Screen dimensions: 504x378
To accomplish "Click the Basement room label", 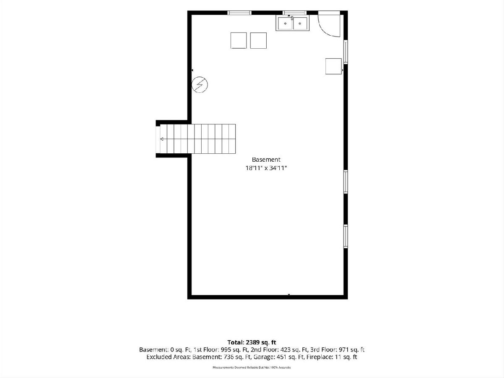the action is (x=266, y=160).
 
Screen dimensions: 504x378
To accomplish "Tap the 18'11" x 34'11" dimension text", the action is (x=266, y=168).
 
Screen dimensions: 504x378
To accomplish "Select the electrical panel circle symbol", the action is (x=199, y=85).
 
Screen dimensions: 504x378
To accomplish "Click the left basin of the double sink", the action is (x=285, y=24).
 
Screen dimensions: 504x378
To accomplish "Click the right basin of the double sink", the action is (x=300, y=24).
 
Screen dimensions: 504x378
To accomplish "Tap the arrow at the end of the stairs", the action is (x=162, y=139).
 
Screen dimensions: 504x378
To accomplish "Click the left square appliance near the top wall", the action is (x=239, y=40).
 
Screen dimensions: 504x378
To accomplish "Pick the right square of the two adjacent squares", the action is (x=258, y=40).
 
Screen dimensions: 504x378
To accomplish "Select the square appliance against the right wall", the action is (x=333, y=66).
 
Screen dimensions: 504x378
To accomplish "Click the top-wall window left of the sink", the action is (x=239, y=13).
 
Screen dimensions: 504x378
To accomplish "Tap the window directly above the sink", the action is (x=294, y=13).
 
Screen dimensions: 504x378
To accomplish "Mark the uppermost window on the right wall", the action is (x=346, y=52).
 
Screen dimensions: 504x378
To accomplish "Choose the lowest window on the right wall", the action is (x=346, y=236).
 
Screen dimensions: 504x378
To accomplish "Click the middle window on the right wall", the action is (x=346, y=182).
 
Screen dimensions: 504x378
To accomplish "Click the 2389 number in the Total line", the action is (x=252, y=342).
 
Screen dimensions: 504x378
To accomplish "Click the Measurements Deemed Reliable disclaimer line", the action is (x=252, y=367).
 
